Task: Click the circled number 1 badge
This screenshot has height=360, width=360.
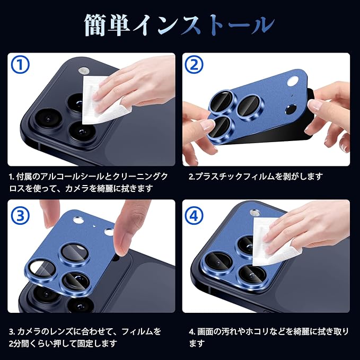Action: coord(20,65)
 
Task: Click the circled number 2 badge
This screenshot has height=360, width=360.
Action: coord(194,65)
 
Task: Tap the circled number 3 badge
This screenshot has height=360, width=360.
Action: coord(20,216)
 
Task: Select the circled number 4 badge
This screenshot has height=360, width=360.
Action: coord(194,216)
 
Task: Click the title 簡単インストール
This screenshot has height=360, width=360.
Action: coord(180,25)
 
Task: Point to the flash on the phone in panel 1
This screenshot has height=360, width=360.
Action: coord(83,71)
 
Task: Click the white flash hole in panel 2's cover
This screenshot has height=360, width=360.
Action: coord(293,82)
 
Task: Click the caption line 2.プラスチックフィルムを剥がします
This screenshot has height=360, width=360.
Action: coord(256,177)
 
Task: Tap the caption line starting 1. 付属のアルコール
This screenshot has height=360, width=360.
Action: coord(89,177)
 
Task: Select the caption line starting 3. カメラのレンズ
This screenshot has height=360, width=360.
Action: coord(85,331)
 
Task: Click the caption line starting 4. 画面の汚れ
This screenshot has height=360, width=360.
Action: coord(269,331)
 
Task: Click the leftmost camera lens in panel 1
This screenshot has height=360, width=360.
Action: coord(49,119)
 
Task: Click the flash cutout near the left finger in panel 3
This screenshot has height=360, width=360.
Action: coord(78,221)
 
